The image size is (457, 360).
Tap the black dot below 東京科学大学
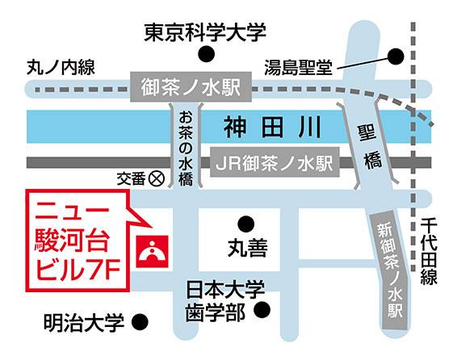point(208,55)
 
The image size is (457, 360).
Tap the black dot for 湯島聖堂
point(396,57)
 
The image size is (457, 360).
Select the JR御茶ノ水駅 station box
point(274,162)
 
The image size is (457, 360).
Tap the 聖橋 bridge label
point(371,145)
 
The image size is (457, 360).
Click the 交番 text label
point(129,178)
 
